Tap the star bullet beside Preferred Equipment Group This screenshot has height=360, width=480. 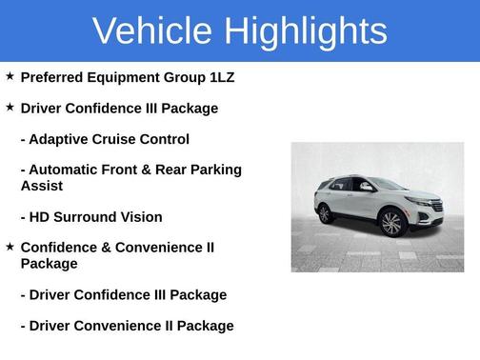[10, 76]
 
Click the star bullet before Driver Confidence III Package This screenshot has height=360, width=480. [10, 108]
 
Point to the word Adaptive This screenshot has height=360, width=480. [61, 139]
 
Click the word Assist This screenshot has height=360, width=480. [42, 186]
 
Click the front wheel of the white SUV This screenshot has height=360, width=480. [391, 224]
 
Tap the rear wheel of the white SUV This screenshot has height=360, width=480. [327, 213]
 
